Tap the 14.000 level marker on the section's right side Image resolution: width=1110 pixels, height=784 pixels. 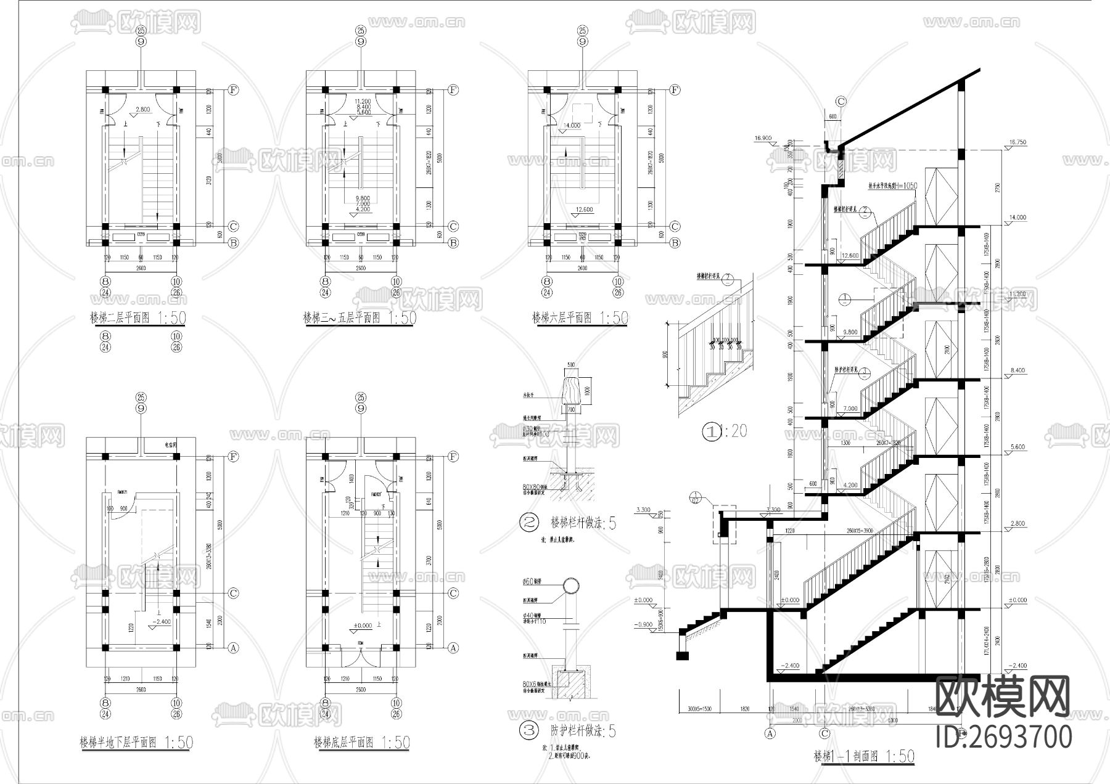pyautogui.click(x=1018, y=217)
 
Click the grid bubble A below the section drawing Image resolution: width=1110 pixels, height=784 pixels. pyautogui.click(x=770, y=733)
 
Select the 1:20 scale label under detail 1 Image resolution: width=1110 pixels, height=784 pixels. pyautogui.click(x=734, y=431)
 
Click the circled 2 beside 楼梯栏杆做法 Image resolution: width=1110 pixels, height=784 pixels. pyautogui.click(x=529, y=524)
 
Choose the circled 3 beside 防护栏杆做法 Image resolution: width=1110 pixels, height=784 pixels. pyautogui.click(x=529, y=732)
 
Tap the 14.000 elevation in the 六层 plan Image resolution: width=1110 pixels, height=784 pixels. pyautogui.click(x=572, y=125)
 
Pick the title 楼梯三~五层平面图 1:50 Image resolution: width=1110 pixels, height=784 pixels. pyautogui.click(x=360, y=318)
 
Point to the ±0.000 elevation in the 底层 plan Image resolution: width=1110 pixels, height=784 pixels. pyautogui.click(x=362, y=626)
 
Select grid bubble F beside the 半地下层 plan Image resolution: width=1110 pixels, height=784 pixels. pyautogui.click(x=233, y=457)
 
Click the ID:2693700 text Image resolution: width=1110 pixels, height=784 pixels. pyautogui.click(x=1004, y=737)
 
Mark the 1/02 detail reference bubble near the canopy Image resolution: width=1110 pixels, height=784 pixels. pyautogui.click(x=695, y=497)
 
